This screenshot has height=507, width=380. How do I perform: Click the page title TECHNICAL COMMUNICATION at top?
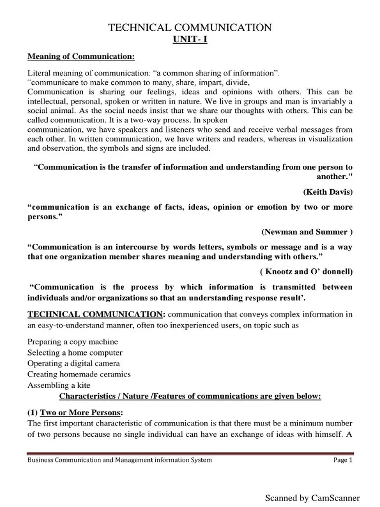pos(190,28)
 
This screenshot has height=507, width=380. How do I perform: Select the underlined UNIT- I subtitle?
pos(190,40)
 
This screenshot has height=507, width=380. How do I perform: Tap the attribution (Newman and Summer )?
pos(307,231)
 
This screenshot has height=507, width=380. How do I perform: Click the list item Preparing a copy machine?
pos(73,342)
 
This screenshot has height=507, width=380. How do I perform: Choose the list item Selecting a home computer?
pos(75,353)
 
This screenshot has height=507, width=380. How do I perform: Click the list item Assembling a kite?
pos(59,385)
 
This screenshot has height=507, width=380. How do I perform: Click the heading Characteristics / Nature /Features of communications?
pos(190,396)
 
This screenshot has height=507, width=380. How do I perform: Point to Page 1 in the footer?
pos(343,460)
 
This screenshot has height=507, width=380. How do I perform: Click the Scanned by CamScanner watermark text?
pos(312,498)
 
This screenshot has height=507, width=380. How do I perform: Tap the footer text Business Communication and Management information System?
pos(119,460)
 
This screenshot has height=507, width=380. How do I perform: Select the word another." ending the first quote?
pos(334,176)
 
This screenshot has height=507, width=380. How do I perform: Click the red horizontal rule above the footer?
pos(190,453)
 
